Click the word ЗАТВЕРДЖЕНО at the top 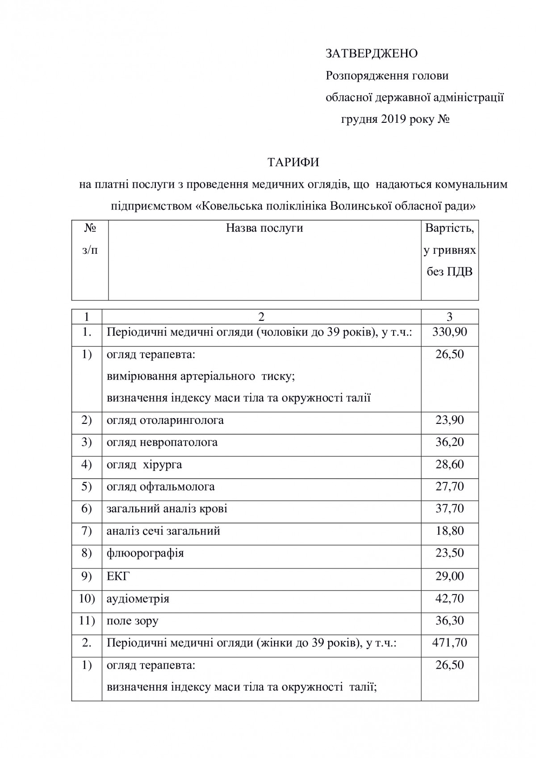pos(372,54)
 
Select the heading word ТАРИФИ pos(293,162)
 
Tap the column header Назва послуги pos(264,228)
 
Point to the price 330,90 pos(449,332)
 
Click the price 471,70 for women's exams pos(449,643)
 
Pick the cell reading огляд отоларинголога pos(165,420)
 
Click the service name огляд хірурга pos(144,465)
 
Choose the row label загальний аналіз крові pos(167,509)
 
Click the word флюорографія pos(145,553)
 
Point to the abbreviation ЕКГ pos(117,576)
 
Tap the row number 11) pos(87,621)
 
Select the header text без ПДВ pos(449,272)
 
